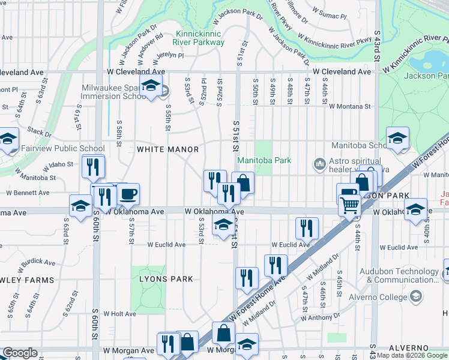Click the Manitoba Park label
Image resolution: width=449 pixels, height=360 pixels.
[x=264, y=160]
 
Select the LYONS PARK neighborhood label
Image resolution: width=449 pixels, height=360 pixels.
[x=166, y=279]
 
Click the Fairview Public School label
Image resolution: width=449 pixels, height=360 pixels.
[x=63, y=148]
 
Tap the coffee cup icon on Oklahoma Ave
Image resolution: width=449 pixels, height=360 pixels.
[x=128, y=194]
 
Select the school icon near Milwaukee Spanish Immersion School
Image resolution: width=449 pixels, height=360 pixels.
[x=151, y=86]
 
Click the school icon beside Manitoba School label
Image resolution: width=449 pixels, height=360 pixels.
[x=397, y=139]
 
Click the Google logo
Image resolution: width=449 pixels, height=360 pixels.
[x=20, y=353]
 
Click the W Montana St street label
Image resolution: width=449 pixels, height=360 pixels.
[x=349, y=106]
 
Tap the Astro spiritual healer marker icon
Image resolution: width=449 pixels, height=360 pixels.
[x=319, y=163]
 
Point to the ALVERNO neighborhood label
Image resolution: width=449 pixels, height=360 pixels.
[x=408, y=348]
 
